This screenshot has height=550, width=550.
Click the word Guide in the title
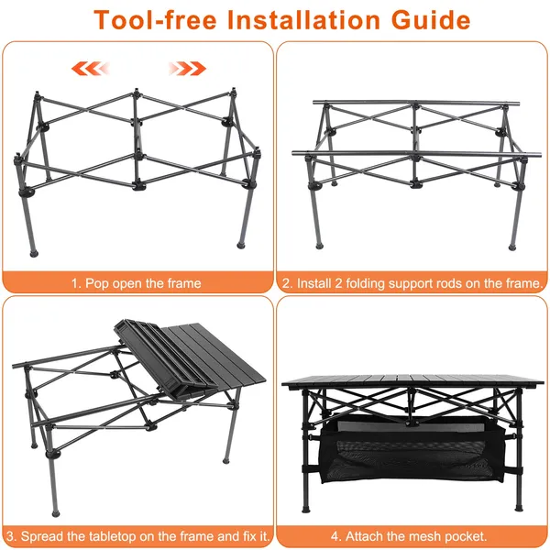click(x=431, y=19)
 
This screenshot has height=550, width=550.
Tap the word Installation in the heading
click(x=303, y=19)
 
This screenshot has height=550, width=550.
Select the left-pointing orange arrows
click(x=91, y=69)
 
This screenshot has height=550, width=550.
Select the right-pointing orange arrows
click(x=187, y=69)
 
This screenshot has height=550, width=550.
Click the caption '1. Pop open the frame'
click(x=136, y=283)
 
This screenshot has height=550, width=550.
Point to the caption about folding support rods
click(x=412, y=283)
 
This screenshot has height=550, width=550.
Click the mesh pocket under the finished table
click(x=412, y=453)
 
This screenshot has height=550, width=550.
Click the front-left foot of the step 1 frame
click(x=34, y=253)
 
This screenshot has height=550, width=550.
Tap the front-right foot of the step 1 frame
click(x=241, y=245)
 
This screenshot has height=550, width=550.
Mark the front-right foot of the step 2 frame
click(x=512, y=247)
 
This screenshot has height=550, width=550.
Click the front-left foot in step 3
click(x=55, y=513)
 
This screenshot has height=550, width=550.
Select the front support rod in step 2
click(x=417, y=154)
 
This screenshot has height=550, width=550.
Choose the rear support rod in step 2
click(x=416, y=103)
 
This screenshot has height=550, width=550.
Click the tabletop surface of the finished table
click(x=412, y=381)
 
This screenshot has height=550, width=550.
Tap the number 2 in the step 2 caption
click(x=337, y=283)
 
